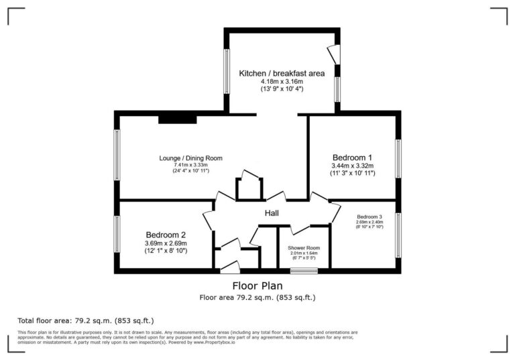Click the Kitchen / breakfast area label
click(281, 72)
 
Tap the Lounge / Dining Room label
click(190, 158)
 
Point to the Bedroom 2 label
click(166, 235)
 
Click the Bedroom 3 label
click(369, 217)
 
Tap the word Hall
click(272, 213)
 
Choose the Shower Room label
click(304, 247)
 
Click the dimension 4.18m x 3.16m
click(281, 80)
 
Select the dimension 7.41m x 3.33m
click(190, 165)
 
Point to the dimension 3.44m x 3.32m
click(353, 165)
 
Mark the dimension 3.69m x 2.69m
click(166, 243)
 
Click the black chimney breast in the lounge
click(178, 119)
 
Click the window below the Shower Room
click(304, 271)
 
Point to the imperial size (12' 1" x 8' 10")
click(166, 251)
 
